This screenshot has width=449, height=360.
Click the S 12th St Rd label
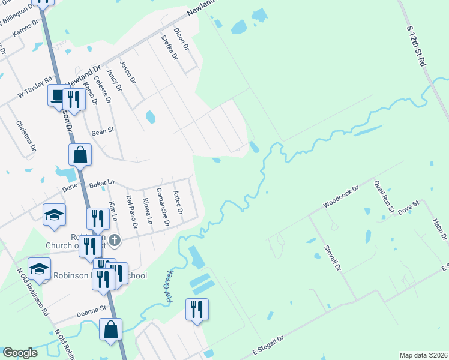coord(416,46)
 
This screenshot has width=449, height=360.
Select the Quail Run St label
coord(382,197)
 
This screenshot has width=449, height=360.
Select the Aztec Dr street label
coord(178,204)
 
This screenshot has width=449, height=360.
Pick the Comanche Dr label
coord(163,208)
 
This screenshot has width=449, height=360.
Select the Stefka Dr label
coord(170,47)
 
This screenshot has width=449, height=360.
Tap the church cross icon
coord(115,240)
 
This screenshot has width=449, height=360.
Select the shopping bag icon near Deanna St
coord(111,329)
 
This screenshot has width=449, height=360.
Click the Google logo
coord(20,353)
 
